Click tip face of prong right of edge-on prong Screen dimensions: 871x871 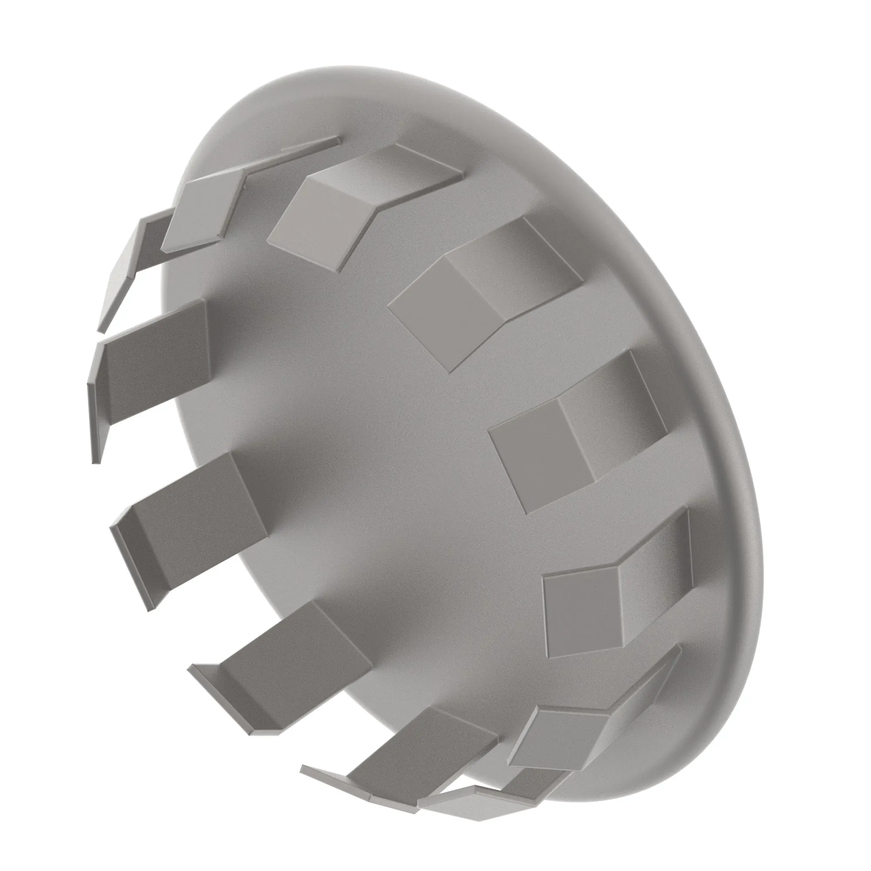[x=311, y=216]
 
